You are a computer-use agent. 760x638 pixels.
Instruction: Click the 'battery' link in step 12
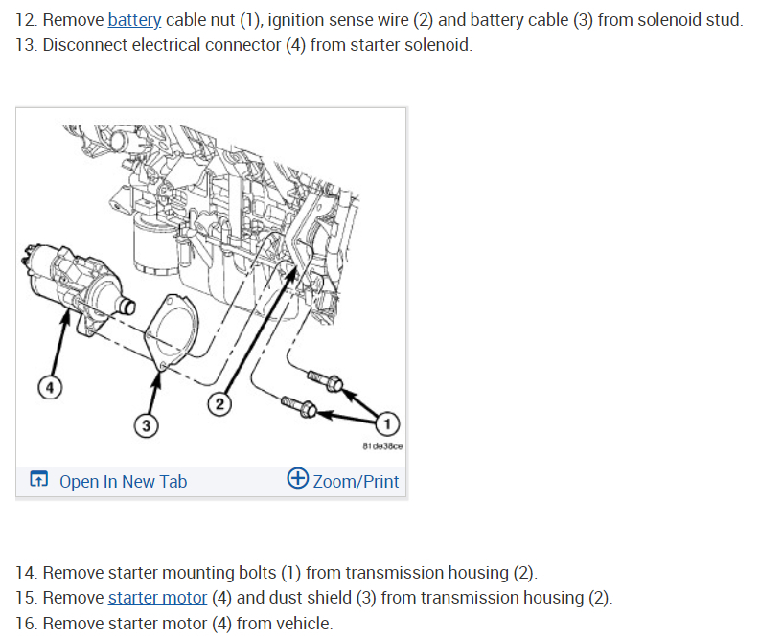point(134,20)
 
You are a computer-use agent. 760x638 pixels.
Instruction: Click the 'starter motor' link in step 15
point(157,598)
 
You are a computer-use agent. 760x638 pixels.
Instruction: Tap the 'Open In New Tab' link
point(123,481)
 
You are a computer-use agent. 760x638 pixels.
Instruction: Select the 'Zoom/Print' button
point(355,481)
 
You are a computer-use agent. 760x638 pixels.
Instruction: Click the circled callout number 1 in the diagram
point(387,422)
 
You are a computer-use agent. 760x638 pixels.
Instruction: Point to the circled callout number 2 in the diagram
point(219,404)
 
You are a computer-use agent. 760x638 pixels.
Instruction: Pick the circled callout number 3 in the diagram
point(147,424)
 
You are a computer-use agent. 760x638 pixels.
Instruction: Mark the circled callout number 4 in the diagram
point(50,388)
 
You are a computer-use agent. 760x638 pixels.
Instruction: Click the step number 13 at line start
point(27,45)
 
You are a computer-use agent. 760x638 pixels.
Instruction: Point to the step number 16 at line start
point(27,624)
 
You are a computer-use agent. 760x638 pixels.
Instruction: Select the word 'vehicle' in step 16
point(305,624)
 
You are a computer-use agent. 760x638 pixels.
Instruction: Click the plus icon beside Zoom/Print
point(297,479)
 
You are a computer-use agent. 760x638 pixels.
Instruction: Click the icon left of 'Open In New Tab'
point(38,480)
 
